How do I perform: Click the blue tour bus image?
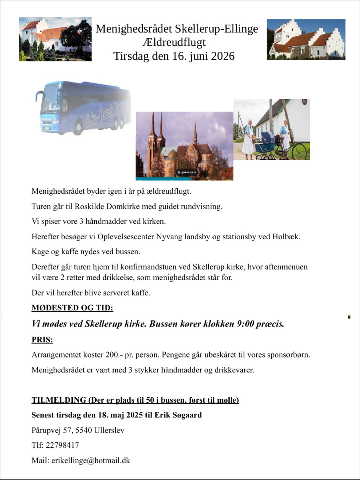[x=83, y=107]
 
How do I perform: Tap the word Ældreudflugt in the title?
[x=174, y=42]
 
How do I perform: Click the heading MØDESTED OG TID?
[x=72, y=308]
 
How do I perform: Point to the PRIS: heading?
[x=42, y=340]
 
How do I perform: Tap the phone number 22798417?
[x=62, y=445]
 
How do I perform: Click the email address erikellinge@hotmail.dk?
[x=91, y=460]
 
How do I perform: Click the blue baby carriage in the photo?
[x=265, y=146]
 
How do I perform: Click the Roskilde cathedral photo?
[x=184, y=146]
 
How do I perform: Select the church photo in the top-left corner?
[x=55, y=39]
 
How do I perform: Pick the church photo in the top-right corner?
[x=306, y=39]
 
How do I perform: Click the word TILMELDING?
[x=59, y=400]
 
